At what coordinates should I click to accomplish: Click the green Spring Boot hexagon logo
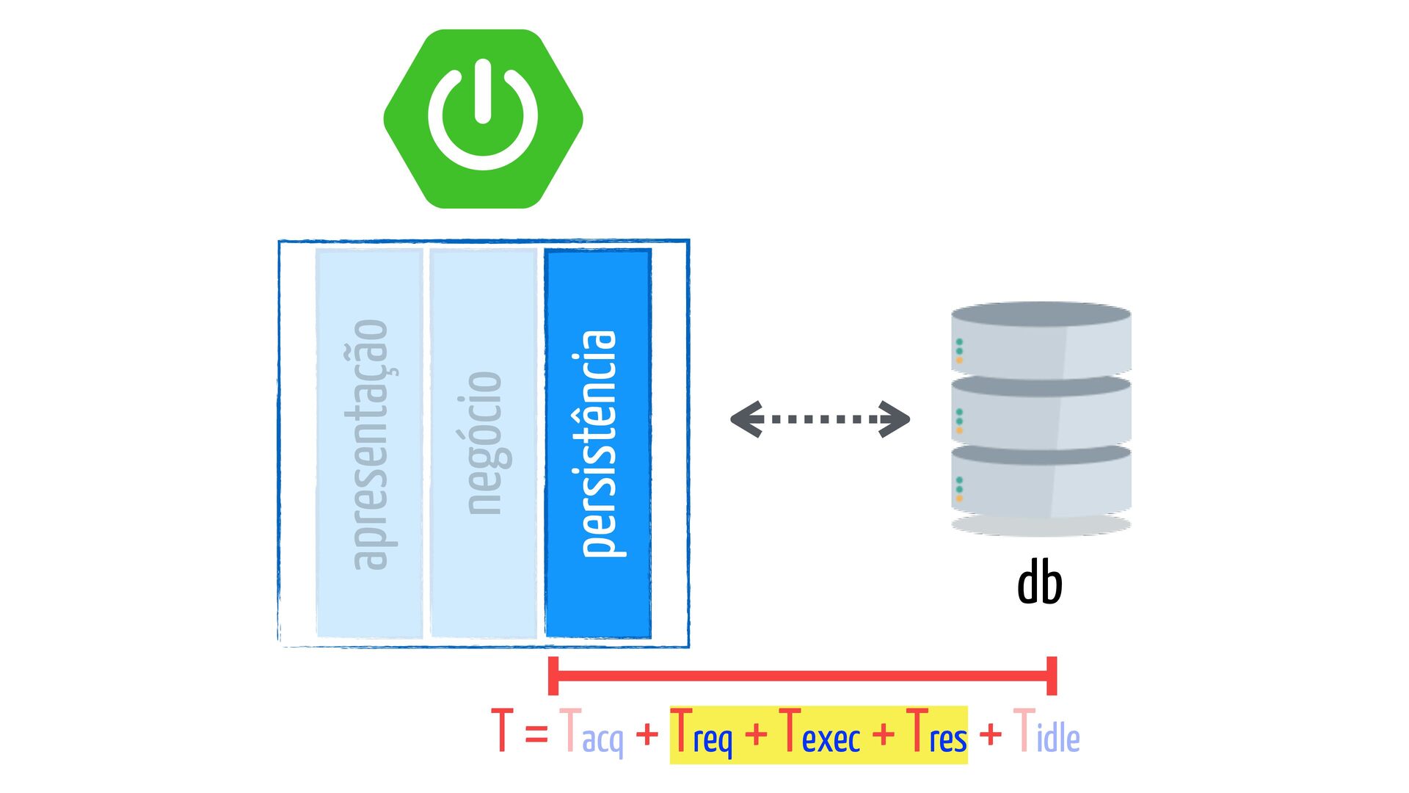[x=483, y=119]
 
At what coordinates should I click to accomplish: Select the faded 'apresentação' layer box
[x=369, y=443]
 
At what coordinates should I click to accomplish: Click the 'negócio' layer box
[x=484, y=443]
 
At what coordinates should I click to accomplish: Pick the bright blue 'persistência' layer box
[x=598, y=443]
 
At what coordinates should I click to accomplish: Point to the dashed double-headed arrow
[x=820, y=419]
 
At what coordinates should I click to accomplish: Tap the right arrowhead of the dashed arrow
[x=894, y=419]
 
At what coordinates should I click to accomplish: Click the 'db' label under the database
[x=1040, y=582]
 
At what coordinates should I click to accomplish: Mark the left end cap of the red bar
[x=553, y=676]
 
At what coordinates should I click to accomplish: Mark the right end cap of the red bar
[x=1052, y=676]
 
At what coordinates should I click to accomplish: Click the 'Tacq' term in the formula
[x=591, y=733]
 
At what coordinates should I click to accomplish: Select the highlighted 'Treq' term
[x=702, y=733]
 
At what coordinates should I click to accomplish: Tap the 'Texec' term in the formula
[x=820, y=733]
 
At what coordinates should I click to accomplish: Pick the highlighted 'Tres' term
[x=937, y=733]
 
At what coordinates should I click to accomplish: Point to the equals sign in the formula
[x=536, y=733]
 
